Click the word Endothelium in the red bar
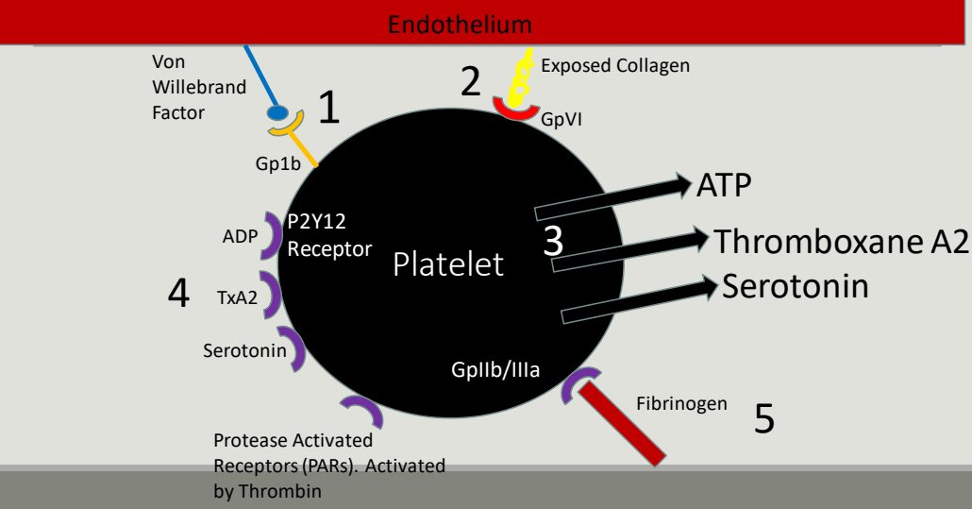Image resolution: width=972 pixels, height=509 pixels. click(x=460, y=24)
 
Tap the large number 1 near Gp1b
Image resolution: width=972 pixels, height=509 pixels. click(x=327, y=109)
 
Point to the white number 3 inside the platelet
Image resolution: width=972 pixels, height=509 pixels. click(x=554, y=240)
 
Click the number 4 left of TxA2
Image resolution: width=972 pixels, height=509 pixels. click(x=178, y=295)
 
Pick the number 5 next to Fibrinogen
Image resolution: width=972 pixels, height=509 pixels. click(x=763, y=417)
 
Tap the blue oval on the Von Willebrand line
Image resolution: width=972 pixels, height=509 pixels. click(x=277, y=113)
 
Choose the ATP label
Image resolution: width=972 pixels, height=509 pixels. click(x=724, y=185)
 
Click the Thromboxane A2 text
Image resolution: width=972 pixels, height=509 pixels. click(x=841, y=241)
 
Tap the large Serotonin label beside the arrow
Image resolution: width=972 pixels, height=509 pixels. click(x=795, y=285)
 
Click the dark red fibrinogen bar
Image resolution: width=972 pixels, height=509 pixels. click(x=622, y=424)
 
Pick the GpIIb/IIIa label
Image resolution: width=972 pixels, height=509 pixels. click(x=495, y=369)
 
